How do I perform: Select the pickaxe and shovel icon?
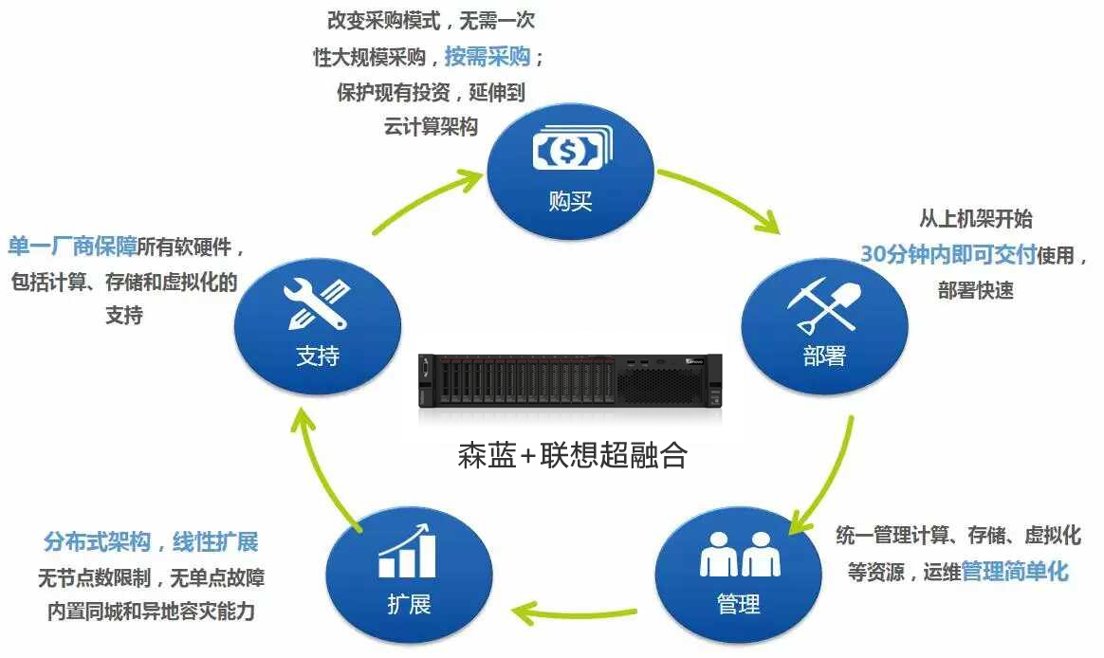822,302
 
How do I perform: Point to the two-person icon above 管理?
739,554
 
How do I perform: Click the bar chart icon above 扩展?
407,555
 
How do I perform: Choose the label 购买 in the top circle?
571,202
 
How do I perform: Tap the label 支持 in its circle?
318,356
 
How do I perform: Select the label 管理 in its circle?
738,604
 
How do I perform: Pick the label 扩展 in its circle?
409,604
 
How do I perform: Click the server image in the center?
570,387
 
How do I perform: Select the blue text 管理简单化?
1015,572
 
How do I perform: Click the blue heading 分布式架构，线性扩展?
151,542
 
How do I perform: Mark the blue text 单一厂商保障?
72,247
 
